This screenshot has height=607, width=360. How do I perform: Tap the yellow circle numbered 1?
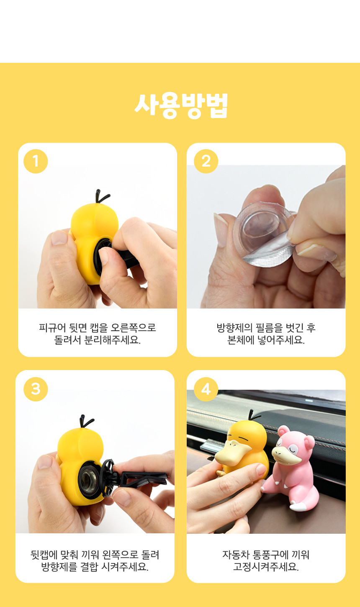click(x=36, y=161)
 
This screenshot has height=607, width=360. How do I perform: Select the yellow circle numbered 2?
click(x=206, y=161)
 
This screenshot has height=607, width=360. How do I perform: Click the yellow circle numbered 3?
click(x=36, y=389)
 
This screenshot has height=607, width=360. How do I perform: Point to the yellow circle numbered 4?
click(x=206, y=389)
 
